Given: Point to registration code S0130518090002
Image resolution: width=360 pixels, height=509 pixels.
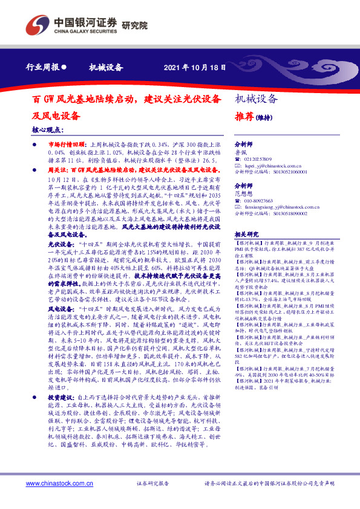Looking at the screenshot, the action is point(283,213).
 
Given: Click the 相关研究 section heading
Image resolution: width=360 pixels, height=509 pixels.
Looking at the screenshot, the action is point(246,233).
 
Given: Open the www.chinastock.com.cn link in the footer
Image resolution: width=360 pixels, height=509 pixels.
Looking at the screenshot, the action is point(59,484).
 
